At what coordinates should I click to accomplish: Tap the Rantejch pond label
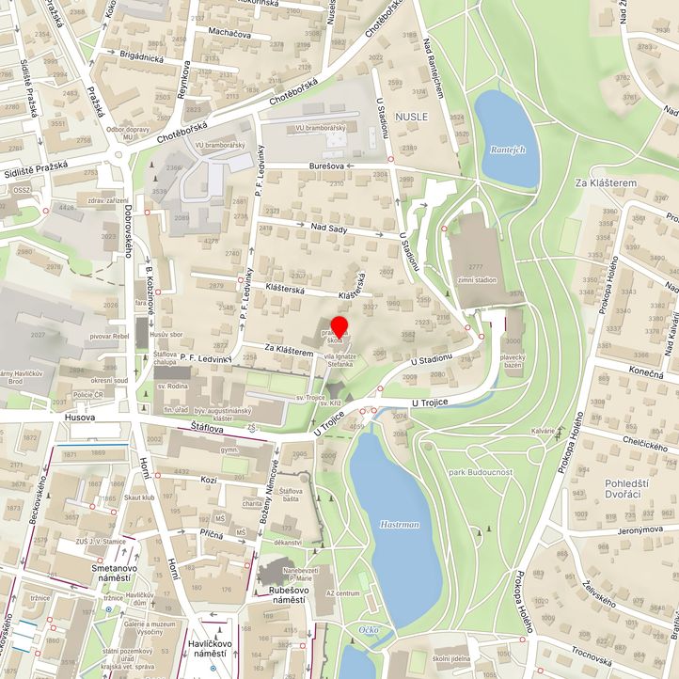507,150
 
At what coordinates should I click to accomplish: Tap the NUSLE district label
412,116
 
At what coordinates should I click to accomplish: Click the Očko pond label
371,629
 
